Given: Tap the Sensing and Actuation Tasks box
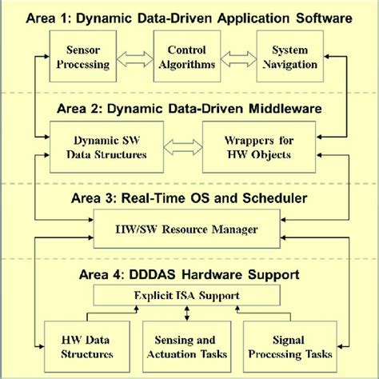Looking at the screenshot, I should tap(189, 345).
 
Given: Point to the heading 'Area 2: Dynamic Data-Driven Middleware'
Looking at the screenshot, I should tap(189, 105).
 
